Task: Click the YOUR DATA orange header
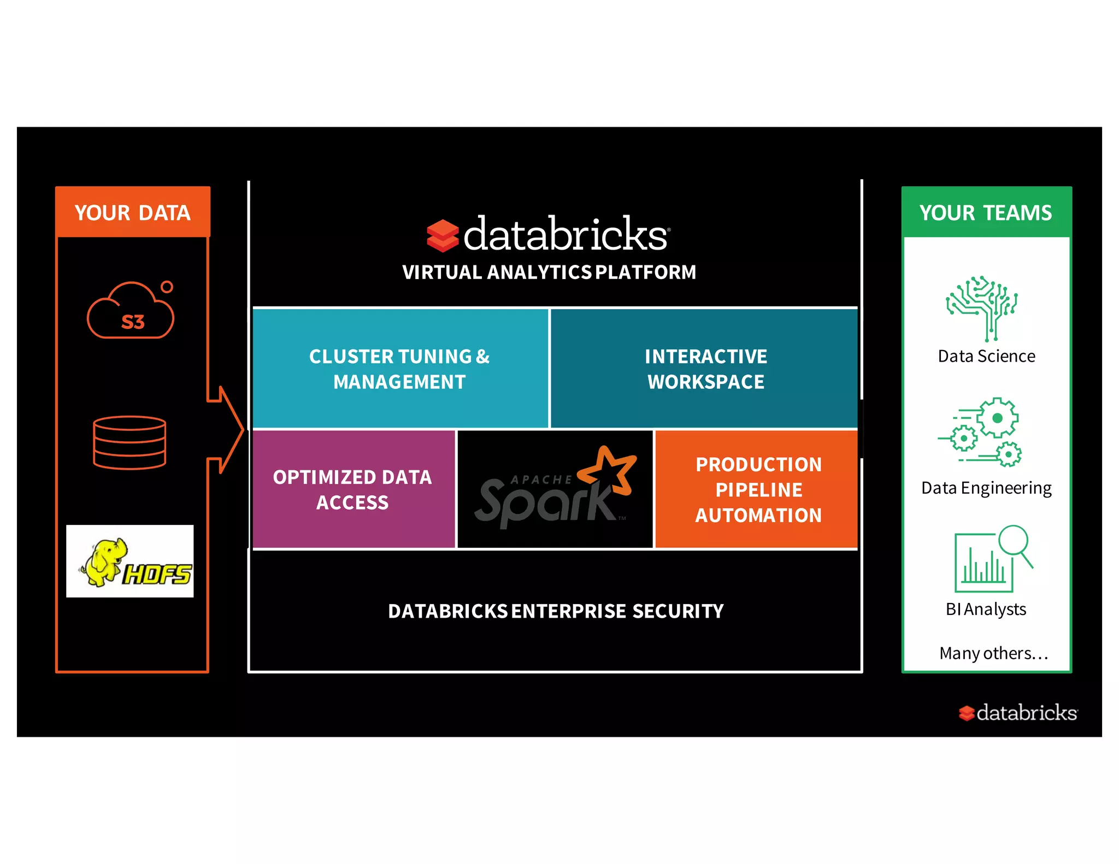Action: [x=132, y=212]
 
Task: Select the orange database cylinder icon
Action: [x=129, y=442]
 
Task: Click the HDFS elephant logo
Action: [x=129, y=561]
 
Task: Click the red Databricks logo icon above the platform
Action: [x=442, y=236]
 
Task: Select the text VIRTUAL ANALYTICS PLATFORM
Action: [x=549, y=272]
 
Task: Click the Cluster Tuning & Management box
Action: [x=400, y=369]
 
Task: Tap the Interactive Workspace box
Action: [x=705, y=369]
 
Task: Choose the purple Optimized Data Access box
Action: [x=353, y=489]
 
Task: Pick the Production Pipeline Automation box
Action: [x=757, y=489]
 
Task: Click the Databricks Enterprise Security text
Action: [x=555, y=611]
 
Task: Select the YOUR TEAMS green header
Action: [x=986, y=212]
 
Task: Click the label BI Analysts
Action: [x=986, y=609]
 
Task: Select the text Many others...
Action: [x=993, y=653]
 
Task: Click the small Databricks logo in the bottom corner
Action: [x=1018, y=713]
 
